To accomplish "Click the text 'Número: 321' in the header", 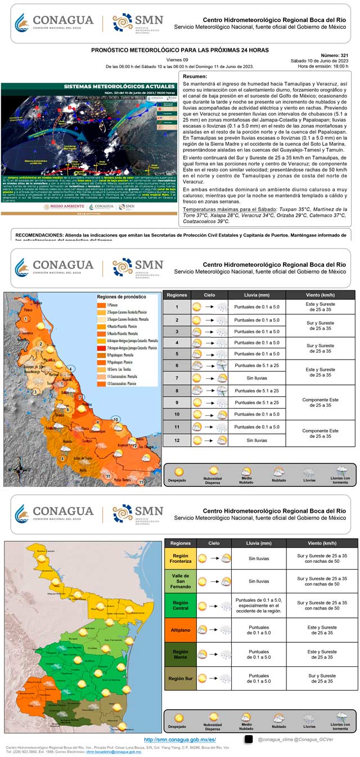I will [336, 56].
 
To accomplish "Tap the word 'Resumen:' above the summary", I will [195, 77].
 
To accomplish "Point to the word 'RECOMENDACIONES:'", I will [40, 234].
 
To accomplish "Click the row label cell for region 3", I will [177, 332].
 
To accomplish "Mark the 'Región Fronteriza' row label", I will [180, 558].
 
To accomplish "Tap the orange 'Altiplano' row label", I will [180, 630].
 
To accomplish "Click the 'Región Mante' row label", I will [180, 654].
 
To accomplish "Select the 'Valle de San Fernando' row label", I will [180, 582].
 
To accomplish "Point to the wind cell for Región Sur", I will [322, 679].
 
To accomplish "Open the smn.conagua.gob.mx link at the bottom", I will [180, 739].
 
